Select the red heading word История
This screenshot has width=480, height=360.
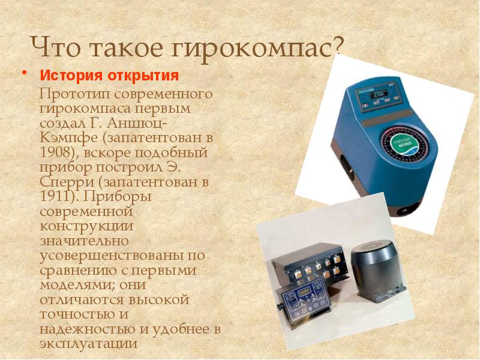point(70,76)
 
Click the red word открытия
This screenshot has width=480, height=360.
point(142,76)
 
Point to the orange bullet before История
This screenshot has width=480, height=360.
point(24,73)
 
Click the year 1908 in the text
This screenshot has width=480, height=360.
point(57,152)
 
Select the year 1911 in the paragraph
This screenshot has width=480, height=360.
point(57,196)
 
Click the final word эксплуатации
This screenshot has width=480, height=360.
point(89,344)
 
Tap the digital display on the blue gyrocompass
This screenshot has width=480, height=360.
point(379,94)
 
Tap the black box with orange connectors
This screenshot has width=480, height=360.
point(310,264)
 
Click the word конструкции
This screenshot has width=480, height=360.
point(86,227)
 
